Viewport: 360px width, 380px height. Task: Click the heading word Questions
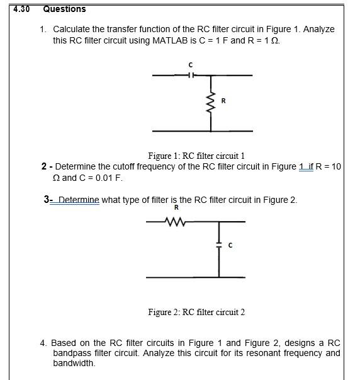64,9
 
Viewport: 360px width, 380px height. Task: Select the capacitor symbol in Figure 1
190,75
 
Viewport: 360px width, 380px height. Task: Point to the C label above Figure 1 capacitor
190,64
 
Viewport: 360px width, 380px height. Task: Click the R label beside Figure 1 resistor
223,100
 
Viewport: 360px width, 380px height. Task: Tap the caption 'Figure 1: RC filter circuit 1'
196,156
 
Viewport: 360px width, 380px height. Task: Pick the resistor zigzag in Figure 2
172,221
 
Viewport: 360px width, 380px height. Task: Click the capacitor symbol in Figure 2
219,245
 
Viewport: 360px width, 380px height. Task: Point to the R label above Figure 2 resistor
176,207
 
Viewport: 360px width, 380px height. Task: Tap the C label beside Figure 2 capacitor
230,245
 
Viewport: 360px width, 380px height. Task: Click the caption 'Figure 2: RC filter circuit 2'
196,312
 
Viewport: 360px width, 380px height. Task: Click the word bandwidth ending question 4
74,364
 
